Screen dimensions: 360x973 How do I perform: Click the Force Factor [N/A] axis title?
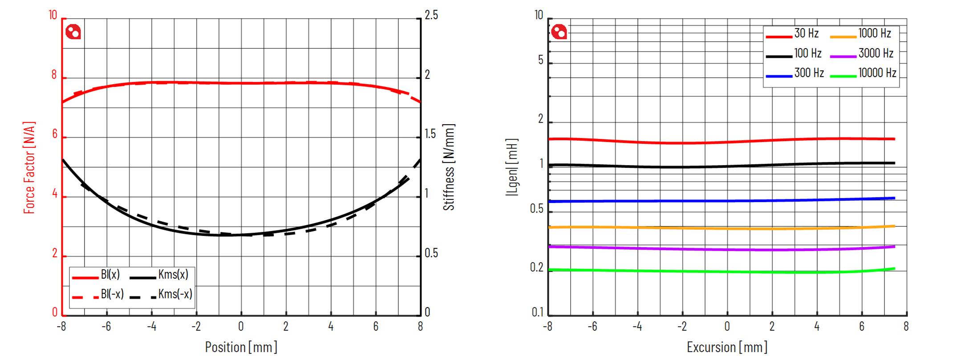click(29, 167)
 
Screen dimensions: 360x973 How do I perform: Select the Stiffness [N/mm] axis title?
click(449, 167)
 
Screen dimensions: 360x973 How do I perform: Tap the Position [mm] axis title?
click(241, 347)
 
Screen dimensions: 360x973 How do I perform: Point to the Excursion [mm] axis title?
click(727, 347)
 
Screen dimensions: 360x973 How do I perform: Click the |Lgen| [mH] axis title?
click(512, 167)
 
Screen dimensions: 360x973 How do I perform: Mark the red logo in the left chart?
click(73, 32)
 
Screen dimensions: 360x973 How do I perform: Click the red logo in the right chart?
click(559, 32)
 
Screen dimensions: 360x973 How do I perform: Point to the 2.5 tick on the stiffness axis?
click(431, 15)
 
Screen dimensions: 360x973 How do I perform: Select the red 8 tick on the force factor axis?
click(54, 75)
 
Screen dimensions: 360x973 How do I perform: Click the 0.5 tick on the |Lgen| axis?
click(536, 209)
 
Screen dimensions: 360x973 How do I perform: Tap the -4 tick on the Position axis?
click(151, 327)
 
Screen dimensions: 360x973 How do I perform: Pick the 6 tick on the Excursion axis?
click(861, 327)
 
